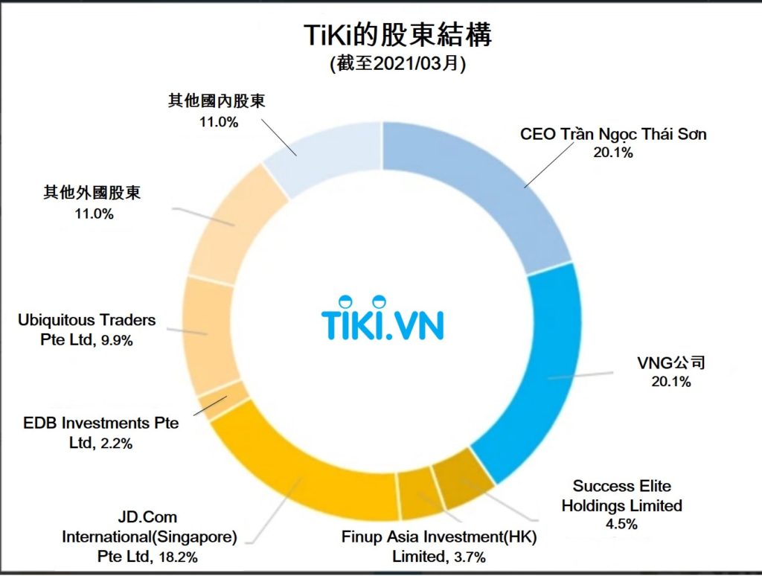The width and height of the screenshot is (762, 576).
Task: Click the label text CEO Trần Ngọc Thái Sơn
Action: point(612,135)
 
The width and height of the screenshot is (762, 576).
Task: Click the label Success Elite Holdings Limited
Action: point(621,496)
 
